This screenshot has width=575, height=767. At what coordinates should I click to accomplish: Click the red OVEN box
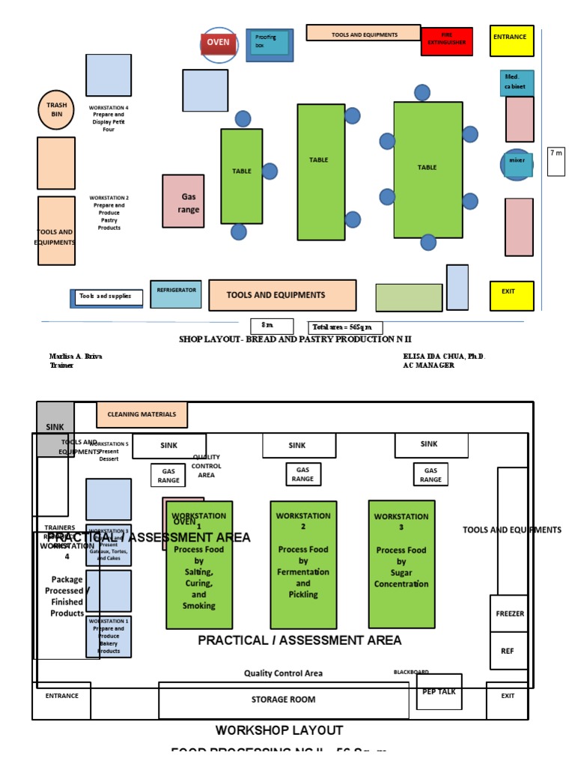(x=219, y=43)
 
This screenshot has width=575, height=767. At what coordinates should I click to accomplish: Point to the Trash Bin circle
(x=57, y=110)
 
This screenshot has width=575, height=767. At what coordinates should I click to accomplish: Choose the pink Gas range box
(x=183, y=201)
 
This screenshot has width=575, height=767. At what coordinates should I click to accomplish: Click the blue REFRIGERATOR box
(x=176, y=294)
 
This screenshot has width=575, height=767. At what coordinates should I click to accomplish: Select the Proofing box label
(x=269, y=43)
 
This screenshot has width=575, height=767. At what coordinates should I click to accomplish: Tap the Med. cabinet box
(x=517, y=82)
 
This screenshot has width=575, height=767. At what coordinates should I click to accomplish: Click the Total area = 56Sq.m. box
(x=345, y=327)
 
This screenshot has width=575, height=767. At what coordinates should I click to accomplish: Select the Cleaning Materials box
(x=142, y=414)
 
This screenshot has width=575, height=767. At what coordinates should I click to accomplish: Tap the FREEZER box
(x=510, y=613)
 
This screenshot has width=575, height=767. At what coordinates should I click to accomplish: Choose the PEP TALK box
(x=439, y=692)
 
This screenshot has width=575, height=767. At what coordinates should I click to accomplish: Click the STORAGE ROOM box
(x=283, y=700)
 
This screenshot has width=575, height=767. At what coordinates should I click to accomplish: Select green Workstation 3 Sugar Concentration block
(x=401, y=564)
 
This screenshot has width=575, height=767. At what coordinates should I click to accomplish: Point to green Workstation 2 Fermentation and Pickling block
(x=303, y=564)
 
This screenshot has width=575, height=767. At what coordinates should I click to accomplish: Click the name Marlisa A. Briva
(x=75, y=357)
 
